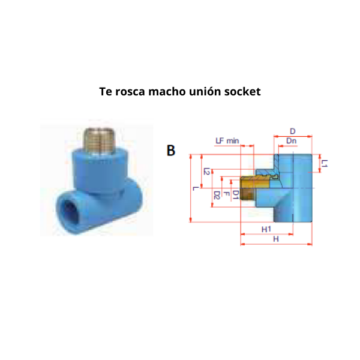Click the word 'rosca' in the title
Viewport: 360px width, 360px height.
[x=130, y=92]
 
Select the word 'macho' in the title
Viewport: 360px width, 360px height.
[x=167, y=91]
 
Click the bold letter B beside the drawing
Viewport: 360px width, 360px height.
[x=171, y=151]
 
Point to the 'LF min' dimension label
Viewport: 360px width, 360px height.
[x=227, y=140]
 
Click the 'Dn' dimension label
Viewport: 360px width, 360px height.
[x=291, y=140]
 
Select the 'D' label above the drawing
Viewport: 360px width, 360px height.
[x=293, y=131]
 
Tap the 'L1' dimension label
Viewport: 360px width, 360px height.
[x=324, y=163]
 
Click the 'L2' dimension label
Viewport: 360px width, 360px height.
[x=207, y=171]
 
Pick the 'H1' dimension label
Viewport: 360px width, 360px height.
[x=266, y=229]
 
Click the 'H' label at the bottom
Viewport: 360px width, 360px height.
[x=276, y=239]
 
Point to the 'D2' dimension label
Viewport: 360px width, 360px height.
[x=217, y=195]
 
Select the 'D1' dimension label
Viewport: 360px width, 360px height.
[x=236, y=194]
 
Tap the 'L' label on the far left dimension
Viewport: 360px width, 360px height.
[x=196, y=188]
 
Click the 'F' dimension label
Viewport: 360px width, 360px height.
[x=226, y=194]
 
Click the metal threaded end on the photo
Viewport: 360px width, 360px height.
[x=100, y=140]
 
